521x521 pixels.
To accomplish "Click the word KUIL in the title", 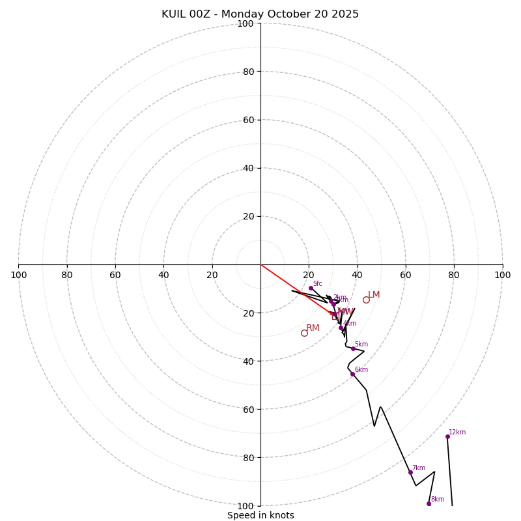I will coord(176,14).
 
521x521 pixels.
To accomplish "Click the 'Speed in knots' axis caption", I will coord(260,515).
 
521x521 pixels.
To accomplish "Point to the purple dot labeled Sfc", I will coord(311,288).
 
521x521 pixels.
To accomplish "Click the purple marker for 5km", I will coord(353,348).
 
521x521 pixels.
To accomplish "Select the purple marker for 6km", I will coord(352,374).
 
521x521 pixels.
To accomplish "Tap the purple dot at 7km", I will coord(410,472).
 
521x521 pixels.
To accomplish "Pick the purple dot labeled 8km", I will coord(429,503).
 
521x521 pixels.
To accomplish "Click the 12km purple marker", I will coord(447,436).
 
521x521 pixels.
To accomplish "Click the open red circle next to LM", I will coord(366,300).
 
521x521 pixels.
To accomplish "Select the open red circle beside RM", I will coord(304,333).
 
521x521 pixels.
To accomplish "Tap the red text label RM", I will coord(313,328).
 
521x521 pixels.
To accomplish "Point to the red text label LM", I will coord(374,295).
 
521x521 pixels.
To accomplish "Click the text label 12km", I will coord(457,432).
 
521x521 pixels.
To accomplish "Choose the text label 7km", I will coord(419,468).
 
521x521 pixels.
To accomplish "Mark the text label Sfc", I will coord(318,283).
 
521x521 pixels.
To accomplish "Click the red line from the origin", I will coord(293,287).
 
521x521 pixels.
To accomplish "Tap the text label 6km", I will coord(361,369).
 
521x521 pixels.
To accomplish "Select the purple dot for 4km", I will coord(341,328).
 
